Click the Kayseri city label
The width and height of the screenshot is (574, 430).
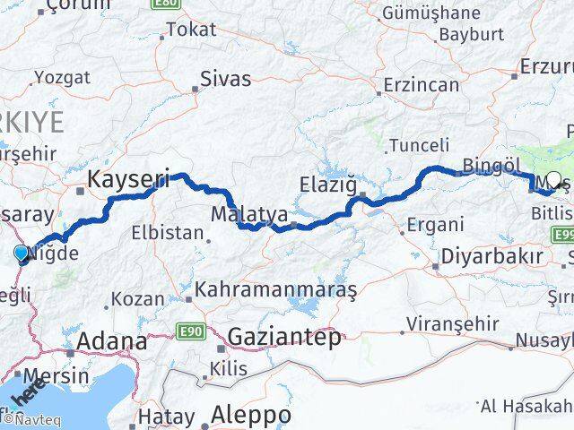127,180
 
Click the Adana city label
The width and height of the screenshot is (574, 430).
112,341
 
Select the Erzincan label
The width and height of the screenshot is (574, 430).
421,85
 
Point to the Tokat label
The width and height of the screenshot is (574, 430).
191,30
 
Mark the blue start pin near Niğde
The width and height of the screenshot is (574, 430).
22,254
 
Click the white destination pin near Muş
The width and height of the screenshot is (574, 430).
553,179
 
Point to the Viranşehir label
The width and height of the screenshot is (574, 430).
447,322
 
